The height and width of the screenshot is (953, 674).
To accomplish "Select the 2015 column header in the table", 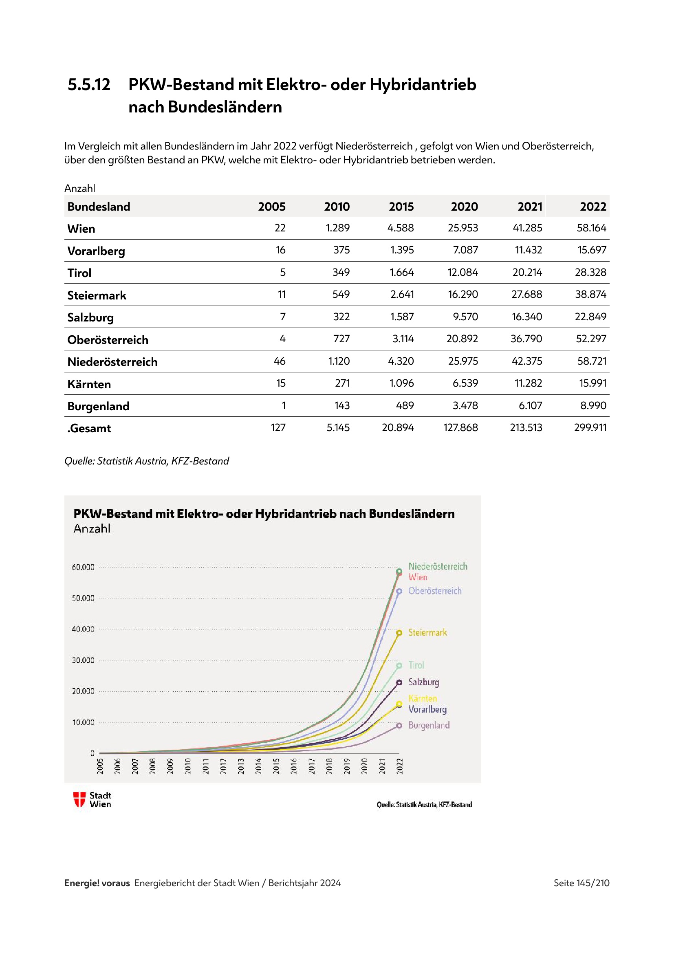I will click(401, 206).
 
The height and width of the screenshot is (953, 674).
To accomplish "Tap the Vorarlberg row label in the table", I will click(96, 251).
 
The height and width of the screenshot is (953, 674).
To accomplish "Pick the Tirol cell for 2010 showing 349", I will click(341, 272).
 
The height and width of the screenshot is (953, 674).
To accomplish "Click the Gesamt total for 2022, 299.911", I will click(590, 427).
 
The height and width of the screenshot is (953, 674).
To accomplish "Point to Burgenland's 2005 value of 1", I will click(284, 405).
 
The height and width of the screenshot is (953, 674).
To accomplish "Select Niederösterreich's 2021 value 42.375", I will click(526, 361).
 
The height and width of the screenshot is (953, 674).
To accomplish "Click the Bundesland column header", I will click(99, 206).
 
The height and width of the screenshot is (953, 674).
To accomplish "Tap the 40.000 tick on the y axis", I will click(83, 629).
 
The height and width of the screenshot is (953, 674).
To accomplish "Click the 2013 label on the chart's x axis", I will click(241, 766).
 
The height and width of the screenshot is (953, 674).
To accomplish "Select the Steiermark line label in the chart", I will click(427, 633).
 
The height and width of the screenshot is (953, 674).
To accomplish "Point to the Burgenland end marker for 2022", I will click(399, 726).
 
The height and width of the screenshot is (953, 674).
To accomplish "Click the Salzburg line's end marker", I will click(399, 682).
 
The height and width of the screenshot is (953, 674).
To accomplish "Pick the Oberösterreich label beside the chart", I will click(434, 591).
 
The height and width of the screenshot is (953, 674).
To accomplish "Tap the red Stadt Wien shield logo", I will click(79, 799).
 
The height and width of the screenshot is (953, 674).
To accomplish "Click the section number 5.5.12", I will click(89, 85).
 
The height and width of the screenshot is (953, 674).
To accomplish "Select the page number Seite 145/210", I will click(581, 883).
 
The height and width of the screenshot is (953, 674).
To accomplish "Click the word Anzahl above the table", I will click(80, 189).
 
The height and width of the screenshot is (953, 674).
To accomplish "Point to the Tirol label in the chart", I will click(416, 665).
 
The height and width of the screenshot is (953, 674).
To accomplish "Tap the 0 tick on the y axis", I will click(92, 753).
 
